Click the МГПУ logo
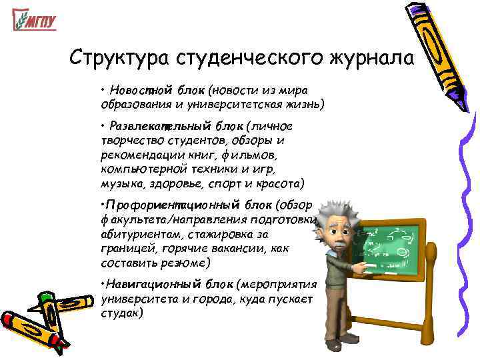tap(34, 21)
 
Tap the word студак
tap(121, 311)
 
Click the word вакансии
tap(247, 248)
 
